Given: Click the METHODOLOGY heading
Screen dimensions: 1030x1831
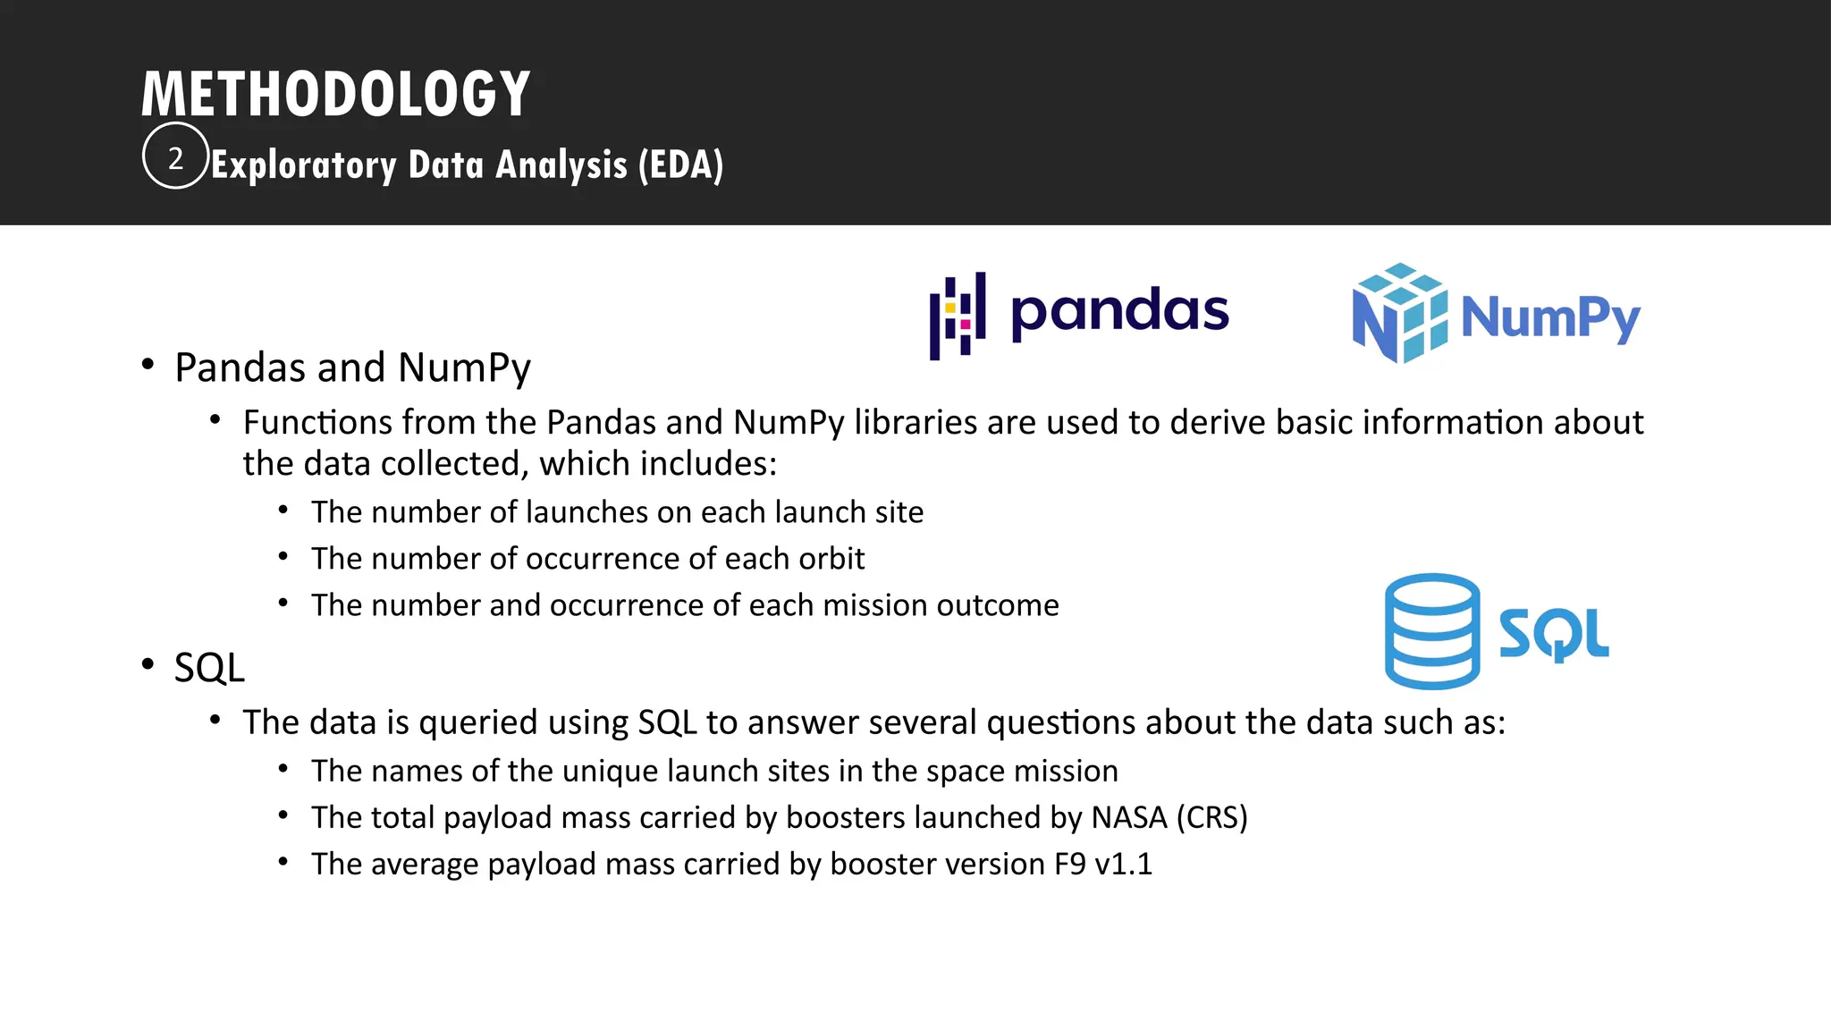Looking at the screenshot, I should tap(336, 94).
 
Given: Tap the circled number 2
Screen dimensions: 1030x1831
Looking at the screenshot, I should tap(175, 158).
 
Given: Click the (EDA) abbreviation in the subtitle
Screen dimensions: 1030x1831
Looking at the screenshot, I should tap(680, 165).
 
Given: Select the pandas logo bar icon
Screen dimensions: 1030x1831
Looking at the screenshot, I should tap(958, 316).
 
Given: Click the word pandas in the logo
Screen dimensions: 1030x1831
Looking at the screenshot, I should tap(1119, 312).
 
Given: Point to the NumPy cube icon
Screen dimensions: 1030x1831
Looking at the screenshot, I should tap(1400, 313).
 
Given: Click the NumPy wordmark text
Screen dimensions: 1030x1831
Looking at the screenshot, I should tap(1550, 317).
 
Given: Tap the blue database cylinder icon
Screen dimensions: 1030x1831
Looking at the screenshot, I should tap(1431, 631).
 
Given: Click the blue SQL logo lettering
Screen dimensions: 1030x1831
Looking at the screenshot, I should tap(1554, 634).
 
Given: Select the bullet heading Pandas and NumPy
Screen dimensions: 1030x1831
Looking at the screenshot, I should tap(352, 367).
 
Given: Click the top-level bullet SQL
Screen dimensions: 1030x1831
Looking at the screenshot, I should tap(209, 668).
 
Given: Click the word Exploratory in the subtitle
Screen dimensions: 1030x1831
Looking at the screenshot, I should tap(304, 165).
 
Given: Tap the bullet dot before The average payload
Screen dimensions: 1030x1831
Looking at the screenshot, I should tap(283, 862).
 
